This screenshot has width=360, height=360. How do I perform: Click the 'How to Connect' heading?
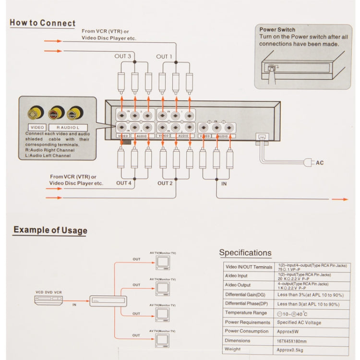coord(43,23)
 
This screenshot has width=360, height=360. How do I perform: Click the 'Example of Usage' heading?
coord(50,229)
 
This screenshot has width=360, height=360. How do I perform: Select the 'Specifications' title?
coord(245,252)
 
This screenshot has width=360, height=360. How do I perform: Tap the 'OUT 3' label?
coord(123,56)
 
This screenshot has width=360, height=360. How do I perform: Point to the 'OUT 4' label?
coord(123,183)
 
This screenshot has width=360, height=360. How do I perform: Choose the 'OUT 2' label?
coord(165,183)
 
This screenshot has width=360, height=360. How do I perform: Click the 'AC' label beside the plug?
coord(320,163)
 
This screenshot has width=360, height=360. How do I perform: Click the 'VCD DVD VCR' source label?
coord(48,292)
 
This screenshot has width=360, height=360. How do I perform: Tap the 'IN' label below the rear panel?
coord(224,184)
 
